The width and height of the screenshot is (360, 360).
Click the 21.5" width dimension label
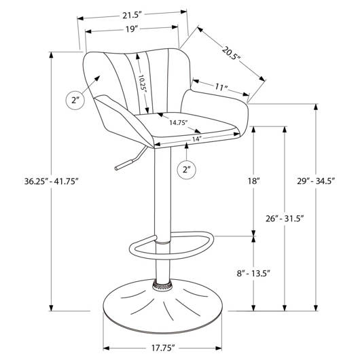131,16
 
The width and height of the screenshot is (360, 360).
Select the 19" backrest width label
131,29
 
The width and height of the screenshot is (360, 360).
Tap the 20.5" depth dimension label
231,53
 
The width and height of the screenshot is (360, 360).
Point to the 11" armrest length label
221,87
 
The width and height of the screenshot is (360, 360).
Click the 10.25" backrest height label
143,84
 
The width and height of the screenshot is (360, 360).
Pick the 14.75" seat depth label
179,122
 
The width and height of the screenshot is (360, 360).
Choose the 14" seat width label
197,139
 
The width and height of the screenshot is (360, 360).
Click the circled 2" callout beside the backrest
75,100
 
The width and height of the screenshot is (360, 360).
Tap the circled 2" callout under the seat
187,170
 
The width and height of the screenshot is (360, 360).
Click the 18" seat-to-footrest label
253,181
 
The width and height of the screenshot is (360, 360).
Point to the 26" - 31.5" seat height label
285,218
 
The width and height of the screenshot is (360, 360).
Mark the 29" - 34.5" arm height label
317,181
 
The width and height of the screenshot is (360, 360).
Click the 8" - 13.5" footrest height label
253,274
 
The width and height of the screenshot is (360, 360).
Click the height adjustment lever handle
124,164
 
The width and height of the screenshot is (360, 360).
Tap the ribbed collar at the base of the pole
163,285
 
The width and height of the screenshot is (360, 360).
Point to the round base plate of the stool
162,307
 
